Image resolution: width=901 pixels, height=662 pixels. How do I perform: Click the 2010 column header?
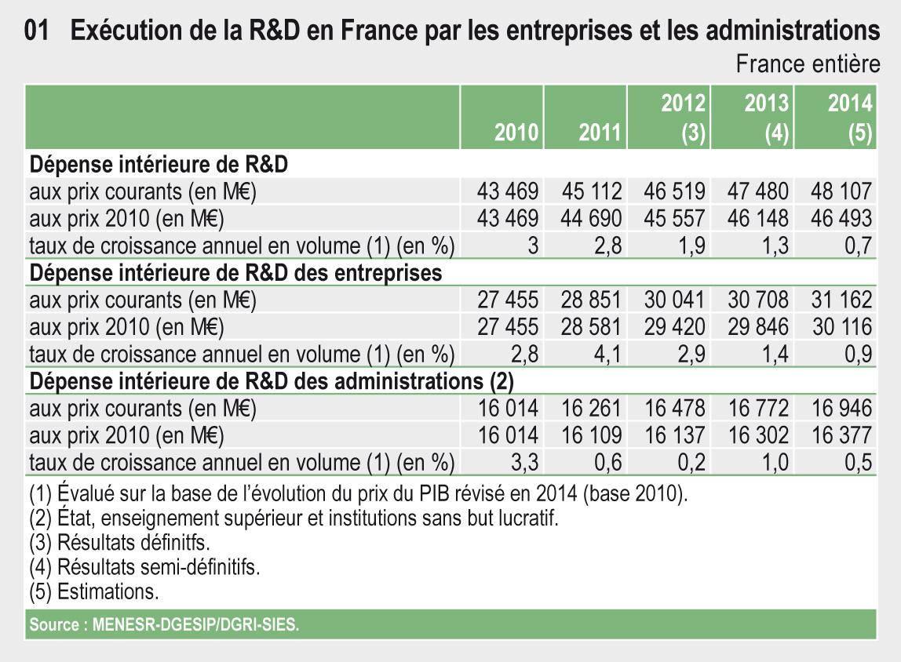pos(516,132)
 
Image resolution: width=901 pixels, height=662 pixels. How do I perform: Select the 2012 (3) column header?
pos(684,118)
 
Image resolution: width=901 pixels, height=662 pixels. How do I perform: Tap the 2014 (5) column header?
pos(850,118)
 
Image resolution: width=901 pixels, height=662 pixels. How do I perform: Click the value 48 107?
pos(841,191)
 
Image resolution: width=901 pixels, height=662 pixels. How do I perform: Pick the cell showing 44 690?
pos(591,219)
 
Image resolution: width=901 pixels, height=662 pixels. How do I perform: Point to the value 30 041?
pos(674,300)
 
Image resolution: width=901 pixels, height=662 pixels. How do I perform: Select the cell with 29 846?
pos(758,327)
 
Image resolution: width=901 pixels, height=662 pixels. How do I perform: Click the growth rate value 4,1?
pos(607,355)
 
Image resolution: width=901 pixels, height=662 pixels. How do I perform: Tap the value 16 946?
pos(842,408)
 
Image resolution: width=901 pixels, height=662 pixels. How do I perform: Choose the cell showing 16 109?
pos(591,435)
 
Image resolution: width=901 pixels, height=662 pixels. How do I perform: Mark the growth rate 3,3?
pos(524,462)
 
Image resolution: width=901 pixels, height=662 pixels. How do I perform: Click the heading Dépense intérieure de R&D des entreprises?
pos(235,273)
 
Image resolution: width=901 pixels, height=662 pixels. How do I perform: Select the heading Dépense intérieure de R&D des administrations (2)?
pos(272,381)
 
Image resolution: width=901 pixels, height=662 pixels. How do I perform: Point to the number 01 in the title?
pos(37,31)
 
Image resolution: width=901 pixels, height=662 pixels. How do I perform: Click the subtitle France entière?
pos(808,64)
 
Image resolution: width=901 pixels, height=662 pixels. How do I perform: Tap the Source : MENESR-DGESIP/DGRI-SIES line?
pos(164,624)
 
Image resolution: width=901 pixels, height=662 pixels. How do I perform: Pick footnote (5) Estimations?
pos(93,591)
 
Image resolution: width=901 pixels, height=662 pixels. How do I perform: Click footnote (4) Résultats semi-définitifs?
pos(144,566)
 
